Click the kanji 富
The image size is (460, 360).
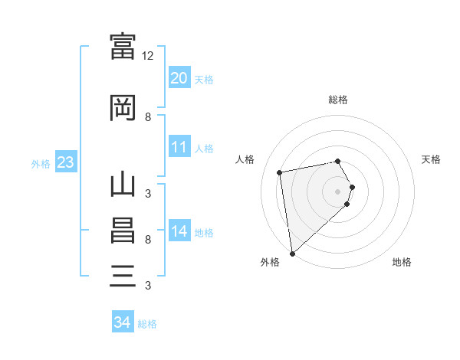point(123,46)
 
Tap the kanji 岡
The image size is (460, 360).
point(123,107)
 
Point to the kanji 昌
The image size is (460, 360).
point(123,231)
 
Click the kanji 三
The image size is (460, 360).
point(123,276)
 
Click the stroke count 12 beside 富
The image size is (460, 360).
point(147,56)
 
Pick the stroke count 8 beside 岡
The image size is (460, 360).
point(148,117)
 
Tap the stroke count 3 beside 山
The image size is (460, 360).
point(148,194)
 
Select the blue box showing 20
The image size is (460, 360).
point(179,77)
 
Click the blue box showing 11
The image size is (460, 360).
point(179,146)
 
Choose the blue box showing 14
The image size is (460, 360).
point(179,230)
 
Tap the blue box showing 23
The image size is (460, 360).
point(66,162)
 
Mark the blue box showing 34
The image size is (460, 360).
point(123,321)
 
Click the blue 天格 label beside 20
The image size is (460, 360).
point(204,80)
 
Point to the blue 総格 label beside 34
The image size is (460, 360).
point(147,324)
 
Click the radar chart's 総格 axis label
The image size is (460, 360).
point(338,100)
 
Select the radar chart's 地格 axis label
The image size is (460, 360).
point(402,262)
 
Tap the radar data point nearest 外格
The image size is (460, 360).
point(293,254)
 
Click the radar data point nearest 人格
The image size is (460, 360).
point(279,172)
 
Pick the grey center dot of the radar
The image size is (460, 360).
point(337,191)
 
